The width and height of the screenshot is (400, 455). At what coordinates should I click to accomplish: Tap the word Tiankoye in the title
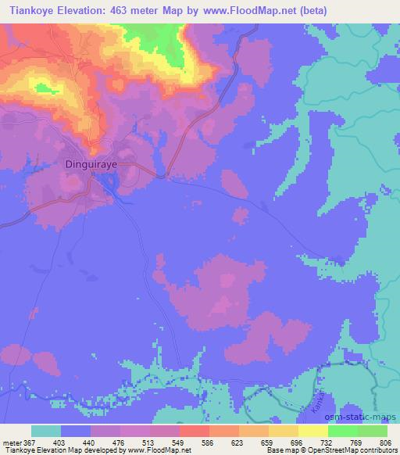coord(27,10)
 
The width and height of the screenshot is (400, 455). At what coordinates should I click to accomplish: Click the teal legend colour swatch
coord(46,431)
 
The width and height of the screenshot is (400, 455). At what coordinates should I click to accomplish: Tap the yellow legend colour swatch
coord(313,431)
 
